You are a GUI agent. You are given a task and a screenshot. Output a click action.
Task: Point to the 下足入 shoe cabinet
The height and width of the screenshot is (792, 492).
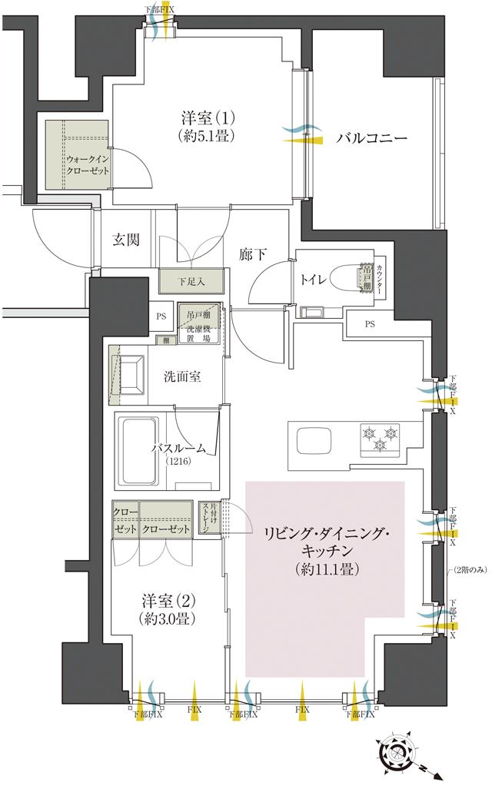click(x=190, y=282)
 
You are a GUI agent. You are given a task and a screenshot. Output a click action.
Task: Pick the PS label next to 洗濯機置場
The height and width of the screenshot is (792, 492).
click(x=161, y=316)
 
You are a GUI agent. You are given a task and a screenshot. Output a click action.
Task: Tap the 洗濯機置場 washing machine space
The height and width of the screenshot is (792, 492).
click(x=200, y=329)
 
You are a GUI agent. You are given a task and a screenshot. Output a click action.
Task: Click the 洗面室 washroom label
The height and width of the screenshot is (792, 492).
click(x=183, y=377)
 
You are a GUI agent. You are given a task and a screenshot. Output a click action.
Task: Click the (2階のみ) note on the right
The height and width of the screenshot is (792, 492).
click(x=469, y=569)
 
